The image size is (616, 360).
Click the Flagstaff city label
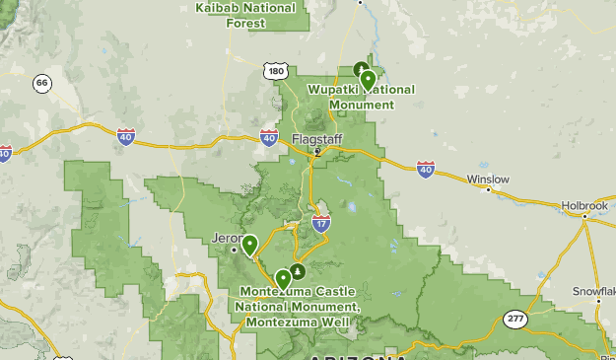click(x=316, y=139)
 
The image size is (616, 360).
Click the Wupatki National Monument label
click(x=361, y=97)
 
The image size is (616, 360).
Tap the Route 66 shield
click(x=41, y=83)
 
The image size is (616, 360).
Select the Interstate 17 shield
click(x=321, y=224)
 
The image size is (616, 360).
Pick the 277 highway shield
click(x=514, y=318)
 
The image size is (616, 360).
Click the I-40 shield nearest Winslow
click(x=426, y=169)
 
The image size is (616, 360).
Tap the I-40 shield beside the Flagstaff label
click(x=270, y=138)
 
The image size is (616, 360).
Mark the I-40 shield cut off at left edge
click(x=4, y=153)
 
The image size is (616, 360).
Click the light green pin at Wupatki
click(x=368, y=79)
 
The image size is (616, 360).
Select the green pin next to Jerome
click(x=250, y=244)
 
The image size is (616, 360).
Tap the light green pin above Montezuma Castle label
click(x=284, y=278)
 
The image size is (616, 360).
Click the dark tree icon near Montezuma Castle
click(x=297, y=269)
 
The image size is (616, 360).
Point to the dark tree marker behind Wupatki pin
click(x=360, y=70)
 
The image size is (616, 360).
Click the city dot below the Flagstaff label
click(x=317, y=151)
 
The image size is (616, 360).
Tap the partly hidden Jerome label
click(x=226, y=238)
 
